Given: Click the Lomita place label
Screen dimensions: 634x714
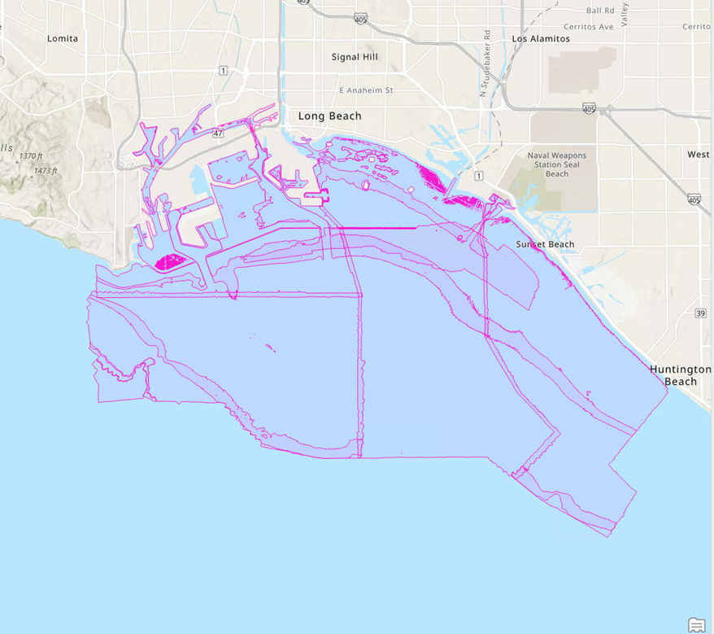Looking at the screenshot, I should pyautogui.click(x=63, y=38).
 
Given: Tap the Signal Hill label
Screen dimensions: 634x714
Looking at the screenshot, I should pyautogui.click(x=355, y=57).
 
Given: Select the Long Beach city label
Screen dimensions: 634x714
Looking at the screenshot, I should pyautogui.click(x=329, y=116).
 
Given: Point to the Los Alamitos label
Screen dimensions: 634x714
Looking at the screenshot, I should pyautogui.click(x=541, y=38).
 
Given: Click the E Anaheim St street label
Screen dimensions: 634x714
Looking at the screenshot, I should pyautogui.click(x=366, y=90).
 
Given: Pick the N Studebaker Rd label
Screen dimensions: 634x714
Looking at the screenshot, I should pyautogui.click(x=485, y=63).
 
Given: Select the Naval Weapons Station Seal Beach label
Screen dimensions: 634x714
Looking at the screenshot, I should pyautogui.click(x=556, y=164).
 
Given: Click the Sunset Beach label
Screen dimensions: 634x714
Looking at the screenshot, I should pyautogui.click(x=545, y=244).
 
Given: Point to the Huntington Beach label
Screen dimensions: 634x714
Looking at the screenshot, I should pyautogui.click(x=680, y=375).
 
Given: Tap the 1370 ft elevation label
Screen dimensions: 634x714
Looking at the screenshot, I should pyautogui.click(x=30, y=156).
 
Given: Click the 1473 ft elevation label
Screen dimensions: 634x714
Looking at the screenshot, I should pyautogui.click(x=46, y=171).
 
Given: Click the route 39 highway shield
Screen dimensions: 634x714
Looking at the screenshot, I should pyautogui.click(x=701, y=313).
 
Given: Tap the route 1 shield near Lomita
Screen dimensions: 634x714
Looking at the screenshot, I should pyautogui.click(x=222, y=71).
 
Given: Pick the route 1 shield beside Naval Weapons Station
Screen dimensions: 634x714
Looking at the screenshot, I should pyautogui.click(x=479, y=177).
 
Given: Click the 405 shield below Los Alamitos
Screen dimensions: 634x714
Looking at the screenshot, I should pyautogui.click(x=589, y=107).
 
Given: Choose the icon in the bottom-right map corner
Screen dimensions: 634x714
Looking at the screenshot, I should pyautogui.click(x=696, y=624).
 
